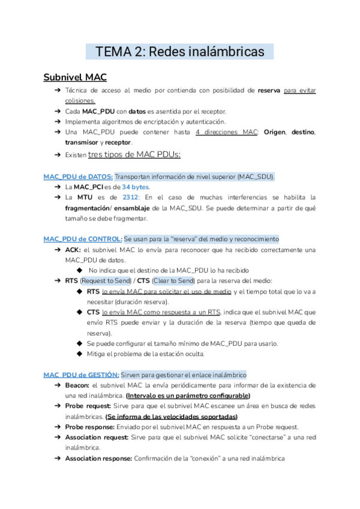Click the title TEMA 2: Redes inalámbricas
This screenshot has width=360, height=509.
(179, 52)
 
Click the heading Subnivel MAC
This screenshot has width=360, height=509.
(75, 77)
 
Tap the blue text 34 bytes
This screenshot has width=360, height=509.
(136, 187)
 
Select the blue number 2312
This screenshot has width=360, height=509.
(131, 197)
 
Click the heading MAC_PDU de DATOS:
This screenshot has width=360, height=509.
(78, 176)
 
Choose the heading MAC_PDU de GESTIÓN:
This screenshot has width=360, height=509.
(81, 375)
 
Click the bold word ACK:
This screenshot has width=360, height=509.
(73, 250)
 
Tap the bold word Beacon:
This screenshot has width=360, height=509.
(77, 385)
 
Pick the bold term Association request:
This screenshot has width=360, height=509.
(97, 437)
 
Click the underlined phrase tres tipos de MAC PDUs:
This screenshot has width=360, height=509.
(134, 155)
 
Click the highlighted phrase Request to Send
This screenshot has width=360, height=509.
(107, 280)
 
